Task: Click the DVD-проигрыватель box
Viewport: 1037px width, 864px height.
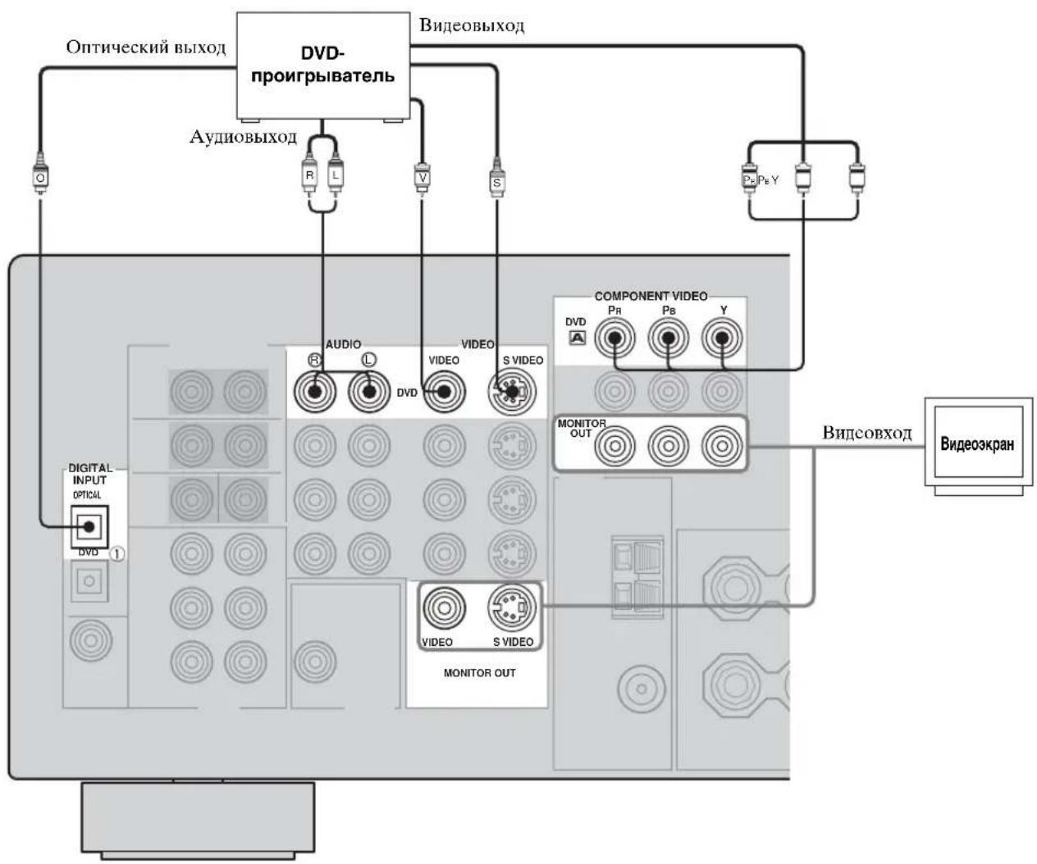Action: (322, 66)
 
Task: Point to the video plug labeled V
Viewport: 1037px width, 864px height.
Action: (423, 176)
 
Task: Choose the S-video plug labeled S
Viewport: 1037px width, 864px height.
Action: (496, 179)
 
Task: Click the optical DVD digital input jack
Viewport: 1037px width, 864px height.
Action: (89, 526)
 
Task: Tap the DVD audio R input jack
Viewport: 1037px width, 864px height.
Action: (314, 392)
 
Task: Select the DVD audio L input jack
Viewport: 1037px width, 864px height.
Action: (368, 392)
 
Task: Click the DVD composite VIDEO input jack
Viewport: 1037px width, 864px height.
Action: (445, 392)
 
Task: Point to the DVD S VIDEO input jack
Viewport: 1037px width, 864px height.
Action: (512, 392)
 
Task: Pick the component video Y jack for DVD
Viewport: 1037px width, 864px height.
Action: (722, 338)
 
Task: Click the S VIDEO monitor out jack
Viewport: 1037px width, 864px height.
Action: (512, 607)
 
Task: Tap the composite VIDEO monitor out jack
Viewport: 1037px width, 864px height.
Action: (445, 607)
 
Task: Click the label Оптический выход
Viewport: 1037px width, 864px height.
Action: (145, 48)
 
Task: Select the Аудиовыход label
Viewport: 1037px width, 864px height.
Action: (243, 136)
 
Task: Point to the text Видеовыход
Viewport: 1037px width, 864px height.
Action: (472, 25)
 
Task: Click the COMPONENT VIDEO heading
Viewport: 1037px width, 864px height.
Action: (651, 296)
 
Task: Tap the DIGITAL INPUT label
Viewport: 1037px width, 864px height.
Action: (90, 474)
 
